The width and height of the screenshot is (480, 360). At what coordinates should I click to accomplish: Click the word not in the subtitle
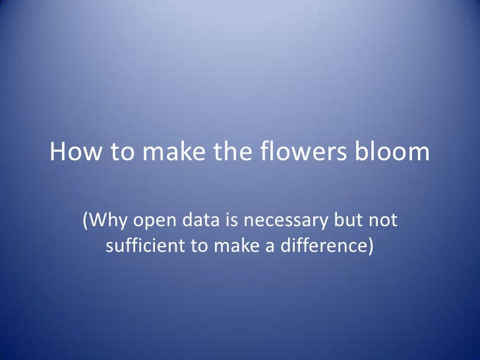click(x=384, y=220)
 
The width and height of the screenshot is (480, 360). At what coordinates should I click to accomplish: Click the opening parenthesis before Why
click(x=84, y=221)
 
